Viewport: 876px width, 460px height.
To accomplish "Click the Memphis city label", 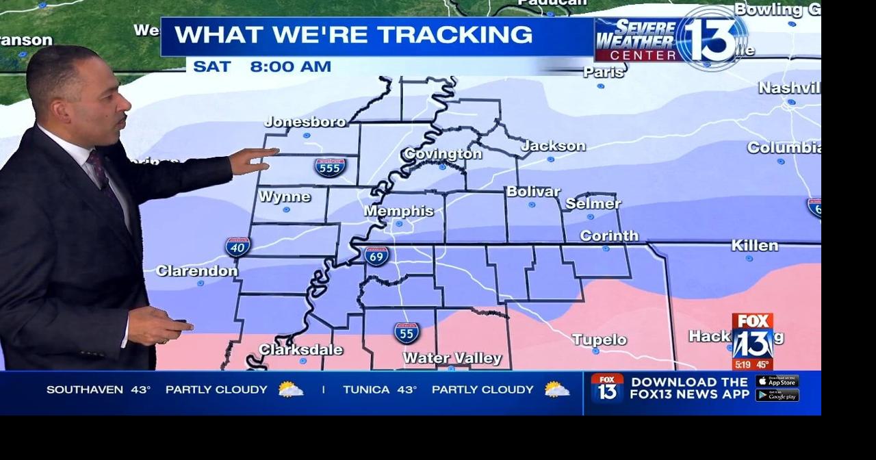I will point(399,211).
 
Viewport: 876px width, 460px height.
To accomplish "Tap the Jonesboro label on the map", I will point(305,122).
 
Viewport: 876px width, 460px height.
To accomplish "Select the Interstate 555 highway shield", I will point(331,167).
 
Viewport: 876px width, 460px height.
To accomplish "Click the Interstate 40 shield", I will point(237,246).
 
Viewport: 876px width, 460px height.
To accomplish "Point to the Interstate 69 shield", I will point(376,256).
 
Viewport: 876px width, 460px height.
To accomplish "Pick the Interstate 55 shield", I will point(407,333).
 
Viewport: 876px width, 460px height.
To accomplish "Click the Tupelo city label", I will point(599,340).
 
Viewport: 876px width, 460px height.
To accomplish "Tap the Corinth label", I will point(609,235).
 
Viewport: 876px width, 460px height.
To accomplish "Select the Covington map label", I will point(442,154).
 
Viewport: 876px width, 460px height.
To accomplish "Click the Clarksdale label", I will point(301,350).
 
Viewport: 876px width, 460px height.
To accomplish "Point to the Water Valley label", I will point(452,358).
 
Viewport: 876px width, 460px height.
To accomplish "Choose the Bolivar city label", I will point(533,192).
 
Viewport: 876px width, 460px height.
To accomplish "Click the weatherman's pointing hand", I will point(253,162).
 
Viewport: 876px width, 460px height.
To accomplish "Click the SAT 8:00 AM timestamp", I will point(262,66).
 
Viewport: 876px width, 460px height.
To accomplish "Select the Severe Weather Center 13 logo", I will point(671,39).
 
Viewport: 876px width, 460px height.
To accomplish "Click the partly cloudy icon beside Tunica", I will point(556,389).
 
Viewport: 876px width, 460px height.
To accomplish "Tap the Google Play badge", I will point(777,395).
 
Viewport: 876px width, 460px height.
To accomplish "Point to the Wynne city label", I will point(285,196).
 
